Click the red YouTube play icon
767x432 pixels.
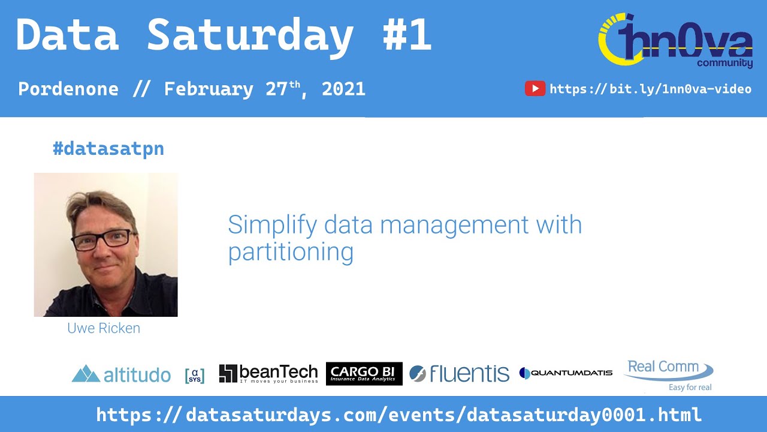click(x=535, y=89)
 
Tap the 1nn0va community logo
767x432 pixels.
click(x=676, y=41)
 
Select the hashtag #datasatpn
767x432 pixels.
click(x=108, y=149)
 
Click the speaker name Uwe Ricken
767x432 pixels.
click(x=104, y=328)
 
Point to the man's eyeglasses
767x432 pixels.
click(x=102, y=239)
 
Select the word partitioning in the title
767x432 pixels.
click(x=291, y=252)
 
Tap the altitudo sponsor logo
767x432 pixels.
click(x=121, y=374)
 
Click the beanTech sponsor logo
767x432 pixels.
click(x=268, y=373)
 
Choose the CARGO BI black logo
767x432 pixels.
click(x=364, y=373)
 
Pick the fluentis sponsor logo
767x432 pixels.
click(x=459, y=373)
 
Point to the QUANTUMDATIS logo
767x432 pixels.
click(x=566, y=373)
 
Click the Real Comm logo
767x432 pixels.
click(x=668, y=374)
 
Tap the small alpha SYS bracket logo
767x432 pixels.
click(x=195, y=375)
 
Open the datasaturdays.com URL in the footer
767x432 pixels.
click(x=398, y=415)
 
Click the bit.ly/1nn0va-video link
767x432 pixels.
click(x=650, y=89)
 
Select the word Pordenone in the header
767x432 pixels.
click(x=68, y=89)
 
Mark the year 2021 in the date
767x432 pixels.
click(x=343, y=89)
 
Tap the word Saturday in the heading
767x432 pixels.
click(x=250, y=35)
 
